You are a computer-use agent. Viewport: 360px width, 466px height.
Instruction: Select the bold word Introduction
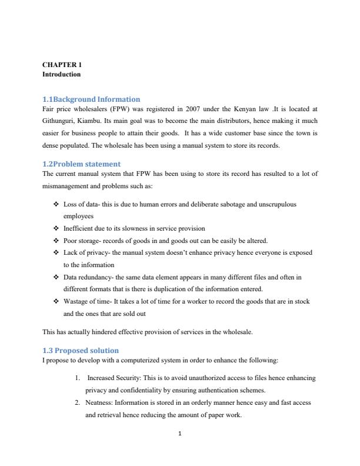[61, 75]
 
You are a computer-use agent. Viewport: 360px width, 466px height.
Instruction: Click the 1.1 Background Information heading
[91, 99]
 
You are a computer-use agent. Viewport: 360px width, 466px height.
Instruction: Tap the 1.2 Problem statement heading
[82, 164]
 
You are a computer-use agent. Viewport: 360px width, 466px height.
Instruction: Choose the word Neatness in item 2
[99, 403]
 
